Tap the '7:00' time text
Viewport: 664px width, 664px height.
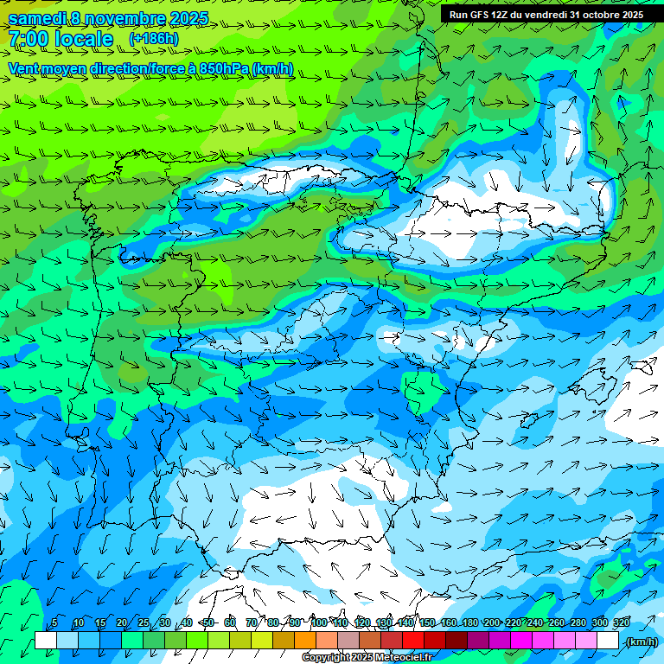click(28, 39)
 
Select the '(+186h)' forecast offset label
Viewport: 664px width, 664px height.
click(153, 38)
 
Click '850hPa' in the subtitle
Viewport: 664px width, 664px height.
click(221, 68)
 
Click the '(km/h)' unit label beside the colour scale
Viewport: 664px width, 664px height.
click(642, 641)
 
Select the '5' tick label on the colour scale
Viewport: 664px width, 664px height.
click(54, 622)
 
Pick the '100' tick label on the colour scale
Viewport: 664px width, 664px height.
click(318, 622)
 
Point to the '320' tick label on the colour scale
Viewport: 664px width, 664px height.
click(621, 622)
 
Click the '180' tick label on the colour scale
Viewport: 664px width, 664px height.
click(469, 622)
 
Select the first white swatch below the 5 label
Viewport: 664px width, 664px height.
click(46, 641)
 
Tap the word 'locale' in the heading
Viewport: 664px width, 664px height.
click(83, 39)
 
